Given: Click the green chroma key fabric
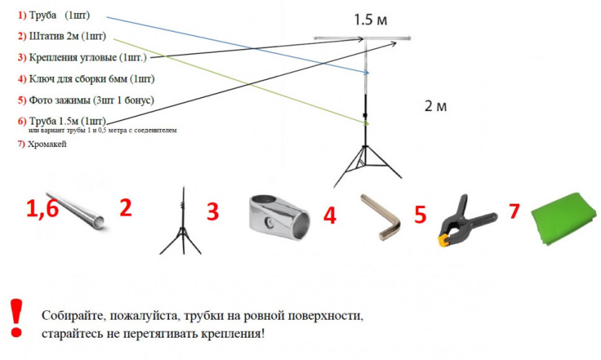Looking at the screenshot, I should click(x=565, y=220).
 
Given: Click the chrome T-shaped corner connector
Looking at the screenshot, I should click(x=281, y=215).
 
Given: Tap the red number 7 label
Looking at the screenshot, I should click(x=514, y=212).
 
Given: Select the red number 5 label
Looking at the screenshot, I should click(x=420, y=215).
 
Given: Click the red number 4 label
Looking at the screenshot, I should click(x=330, y=215).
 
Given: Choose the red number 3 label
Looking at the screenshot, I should click(x=212, y=212).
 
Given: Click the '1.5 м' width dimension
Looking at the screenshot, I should click(x=372, y=19).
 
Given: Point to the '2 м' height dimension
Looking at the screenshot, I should click(x=435, y=106).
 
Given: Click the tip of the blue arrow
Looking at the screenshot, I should click(x=369, y=72).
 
